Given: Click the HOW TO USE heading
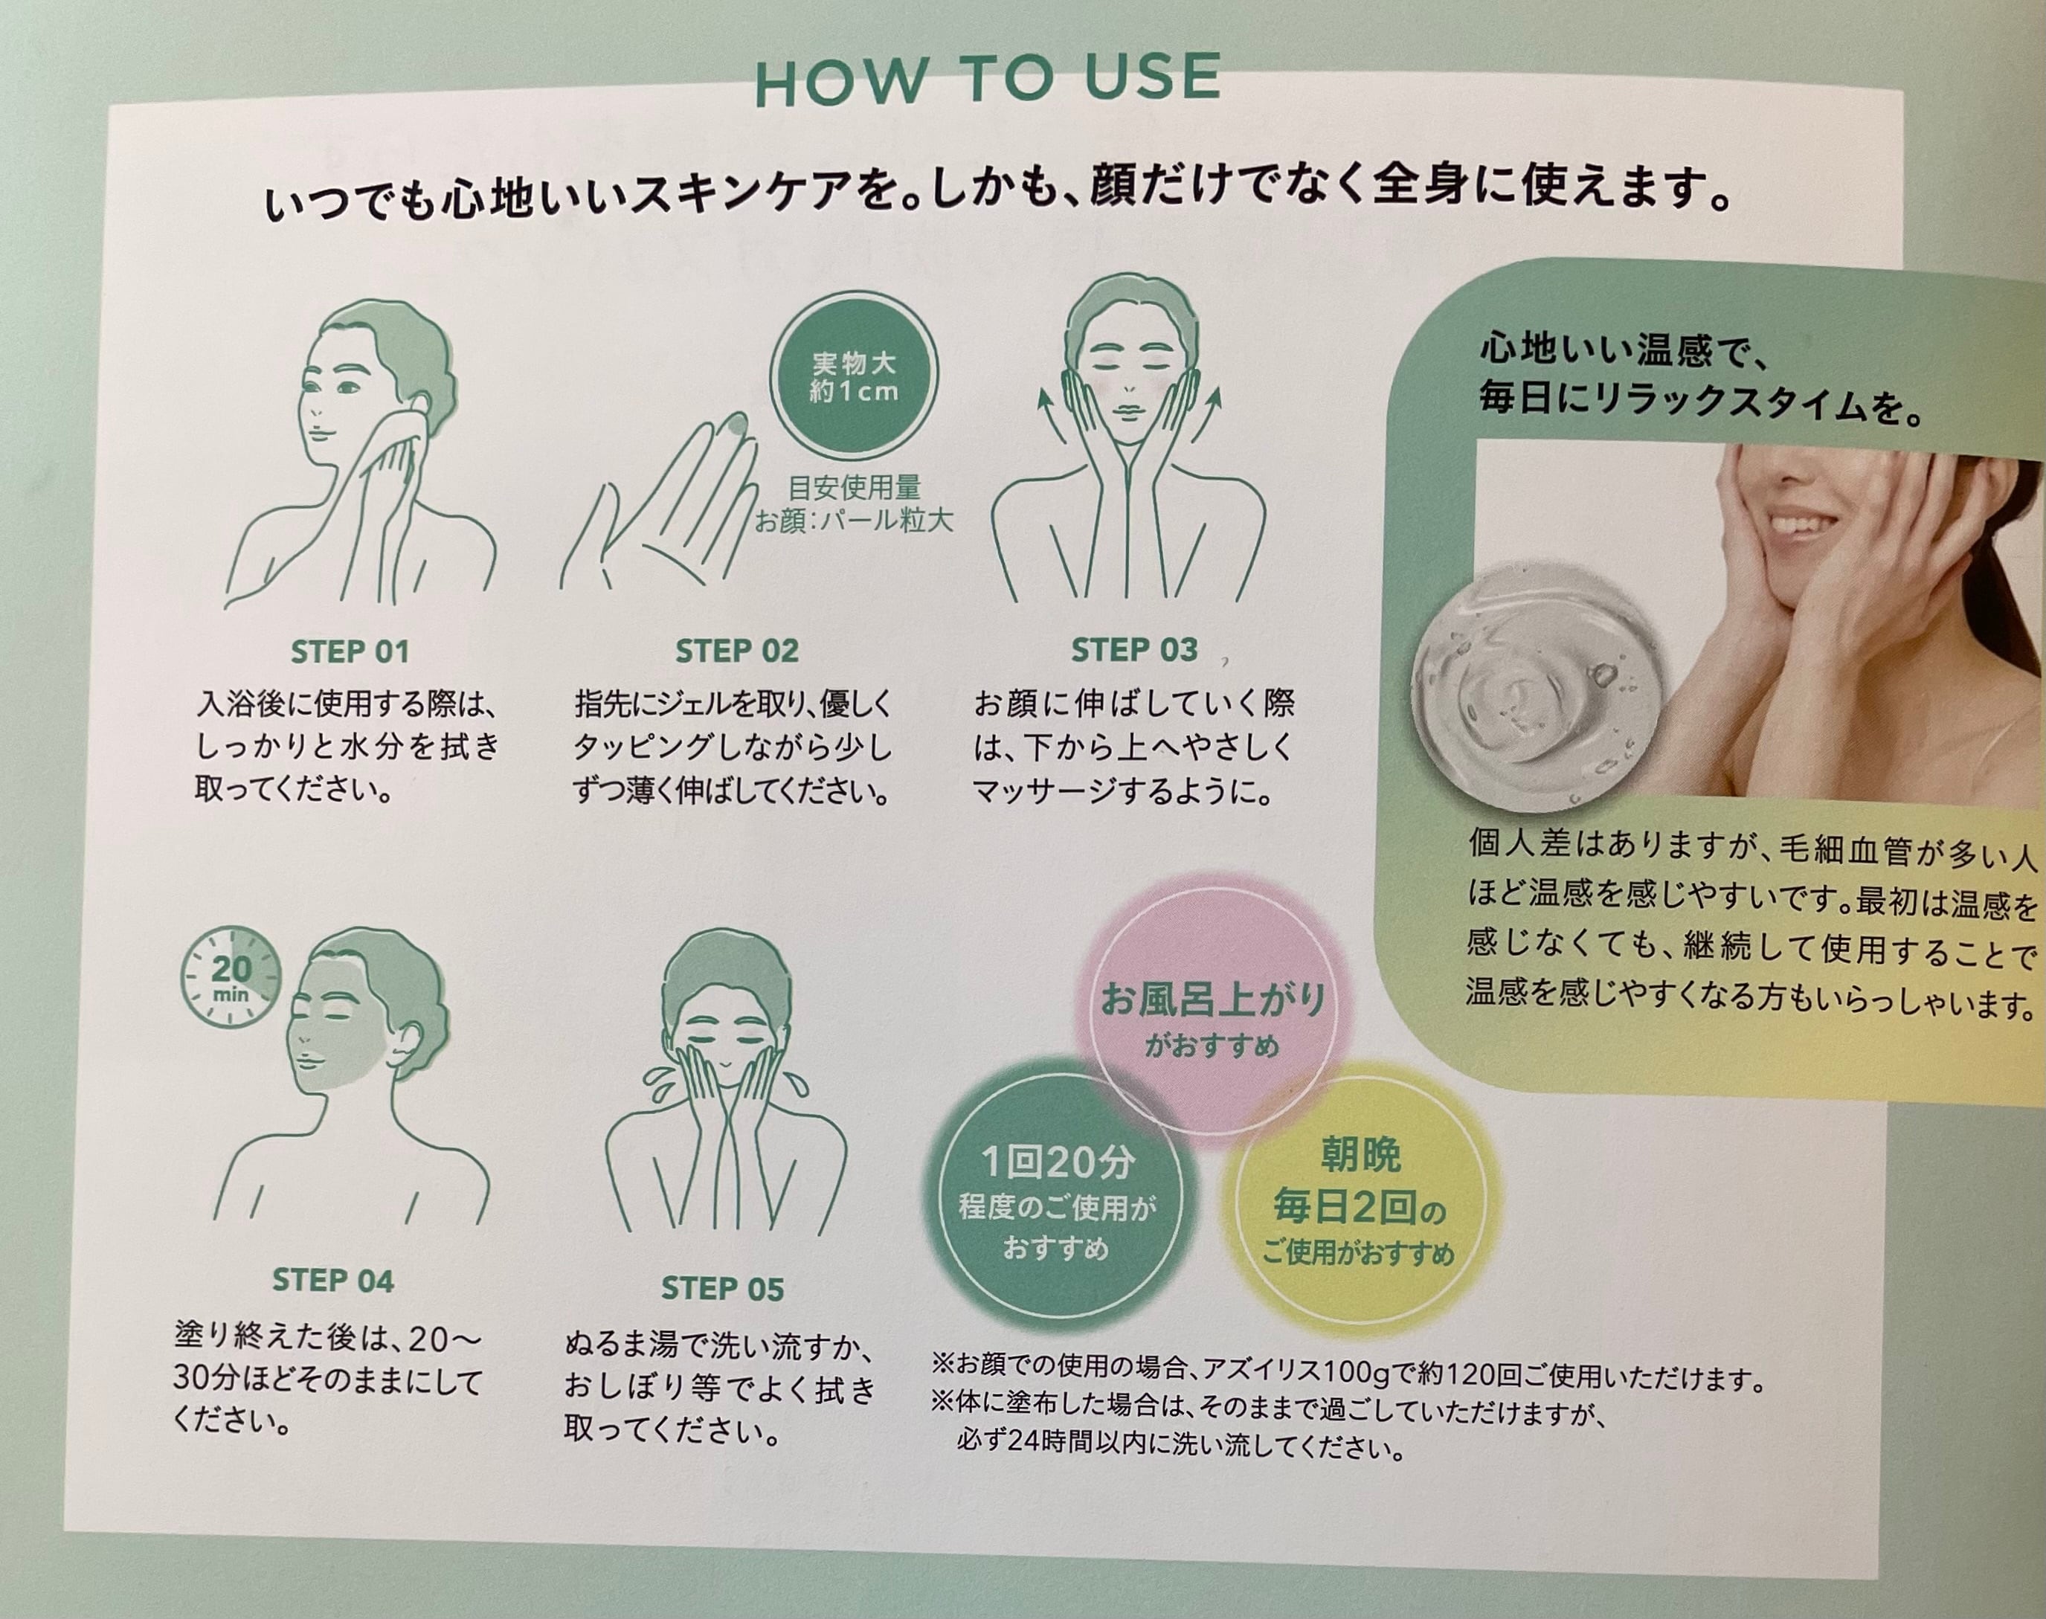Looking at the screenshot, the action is click(987, 79).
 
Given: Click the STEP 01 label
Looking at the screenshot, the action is click(350, 652).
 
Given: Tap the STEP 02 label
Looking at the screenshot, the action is click(737, 651).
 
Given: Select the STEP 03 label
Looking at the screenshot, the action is click(1134, 650).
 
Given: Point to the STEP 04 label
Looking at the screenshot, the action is click(332, 1281).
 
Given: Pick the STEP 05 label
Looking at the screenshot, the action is click(722, 1289).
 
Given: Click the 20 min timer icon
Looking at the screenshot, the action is click(231, 978).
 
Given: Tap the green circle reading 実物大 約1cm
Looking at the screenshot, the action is click(853, 376).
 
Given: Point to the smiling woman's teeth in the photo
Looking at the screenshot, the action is click(1787, 524).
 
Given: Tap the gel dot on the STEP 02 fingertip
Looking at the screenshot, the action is click(732, 428).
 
